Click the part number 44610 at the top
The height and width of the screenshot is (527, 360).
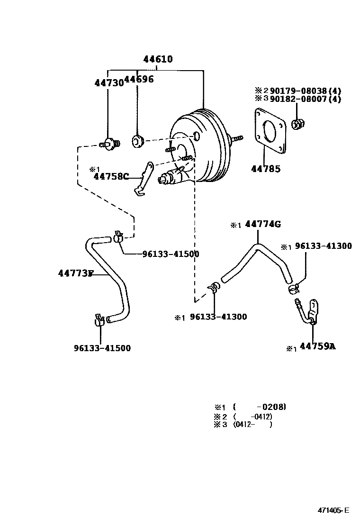(x=158, y=60)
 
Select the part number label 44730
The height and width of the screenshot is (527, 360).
(x=108, y=82)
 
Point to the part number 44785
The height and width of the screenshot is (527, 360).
(x=265, y=168)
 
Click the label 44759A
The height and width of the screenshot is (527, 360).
(x=317, y=346)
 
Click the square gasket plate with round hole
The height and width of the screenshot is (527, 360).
(x=270, y=131)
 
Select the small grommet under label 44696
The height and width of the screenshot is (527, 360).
(x=137, y=141)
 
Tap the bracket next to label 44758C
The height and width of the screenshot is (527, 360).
(x=143, y=179)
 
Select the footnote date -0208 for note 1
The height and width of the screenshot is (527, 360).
(x=270, y=407)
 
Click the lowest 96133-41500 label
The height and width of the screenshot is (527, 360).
(x=102, y=348)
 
